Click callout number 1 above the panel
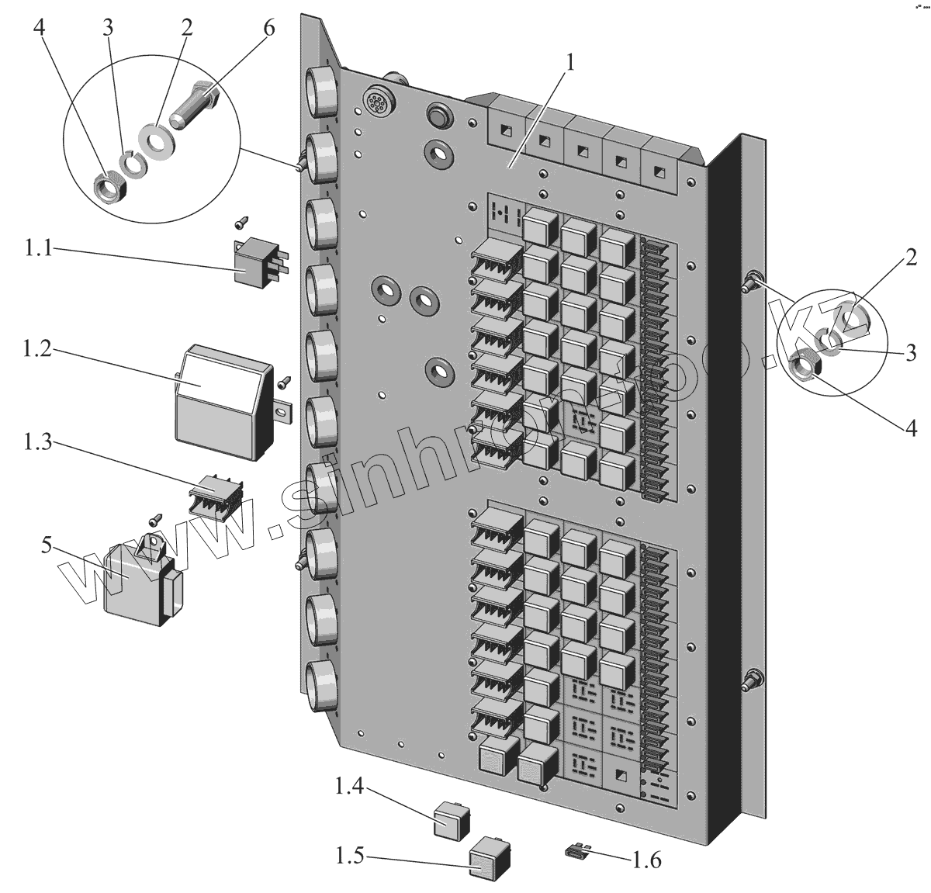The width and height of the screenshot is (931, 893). click(x=570, y=63)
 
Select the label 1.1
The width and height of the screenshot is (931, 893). click(x=37, y=249)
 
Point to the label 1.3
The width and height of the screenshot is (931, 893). click(x=37, y=443)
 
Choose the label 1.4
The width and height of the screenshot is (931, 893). click(x=348, y=787)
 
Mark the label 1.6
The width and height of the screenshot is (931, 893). click(x=647, y=860)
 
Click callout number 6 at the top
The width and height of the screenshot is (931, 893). click(x=268, y=28)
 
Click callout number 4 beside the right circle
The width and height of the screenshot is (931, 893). click(x=909, y=427)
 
